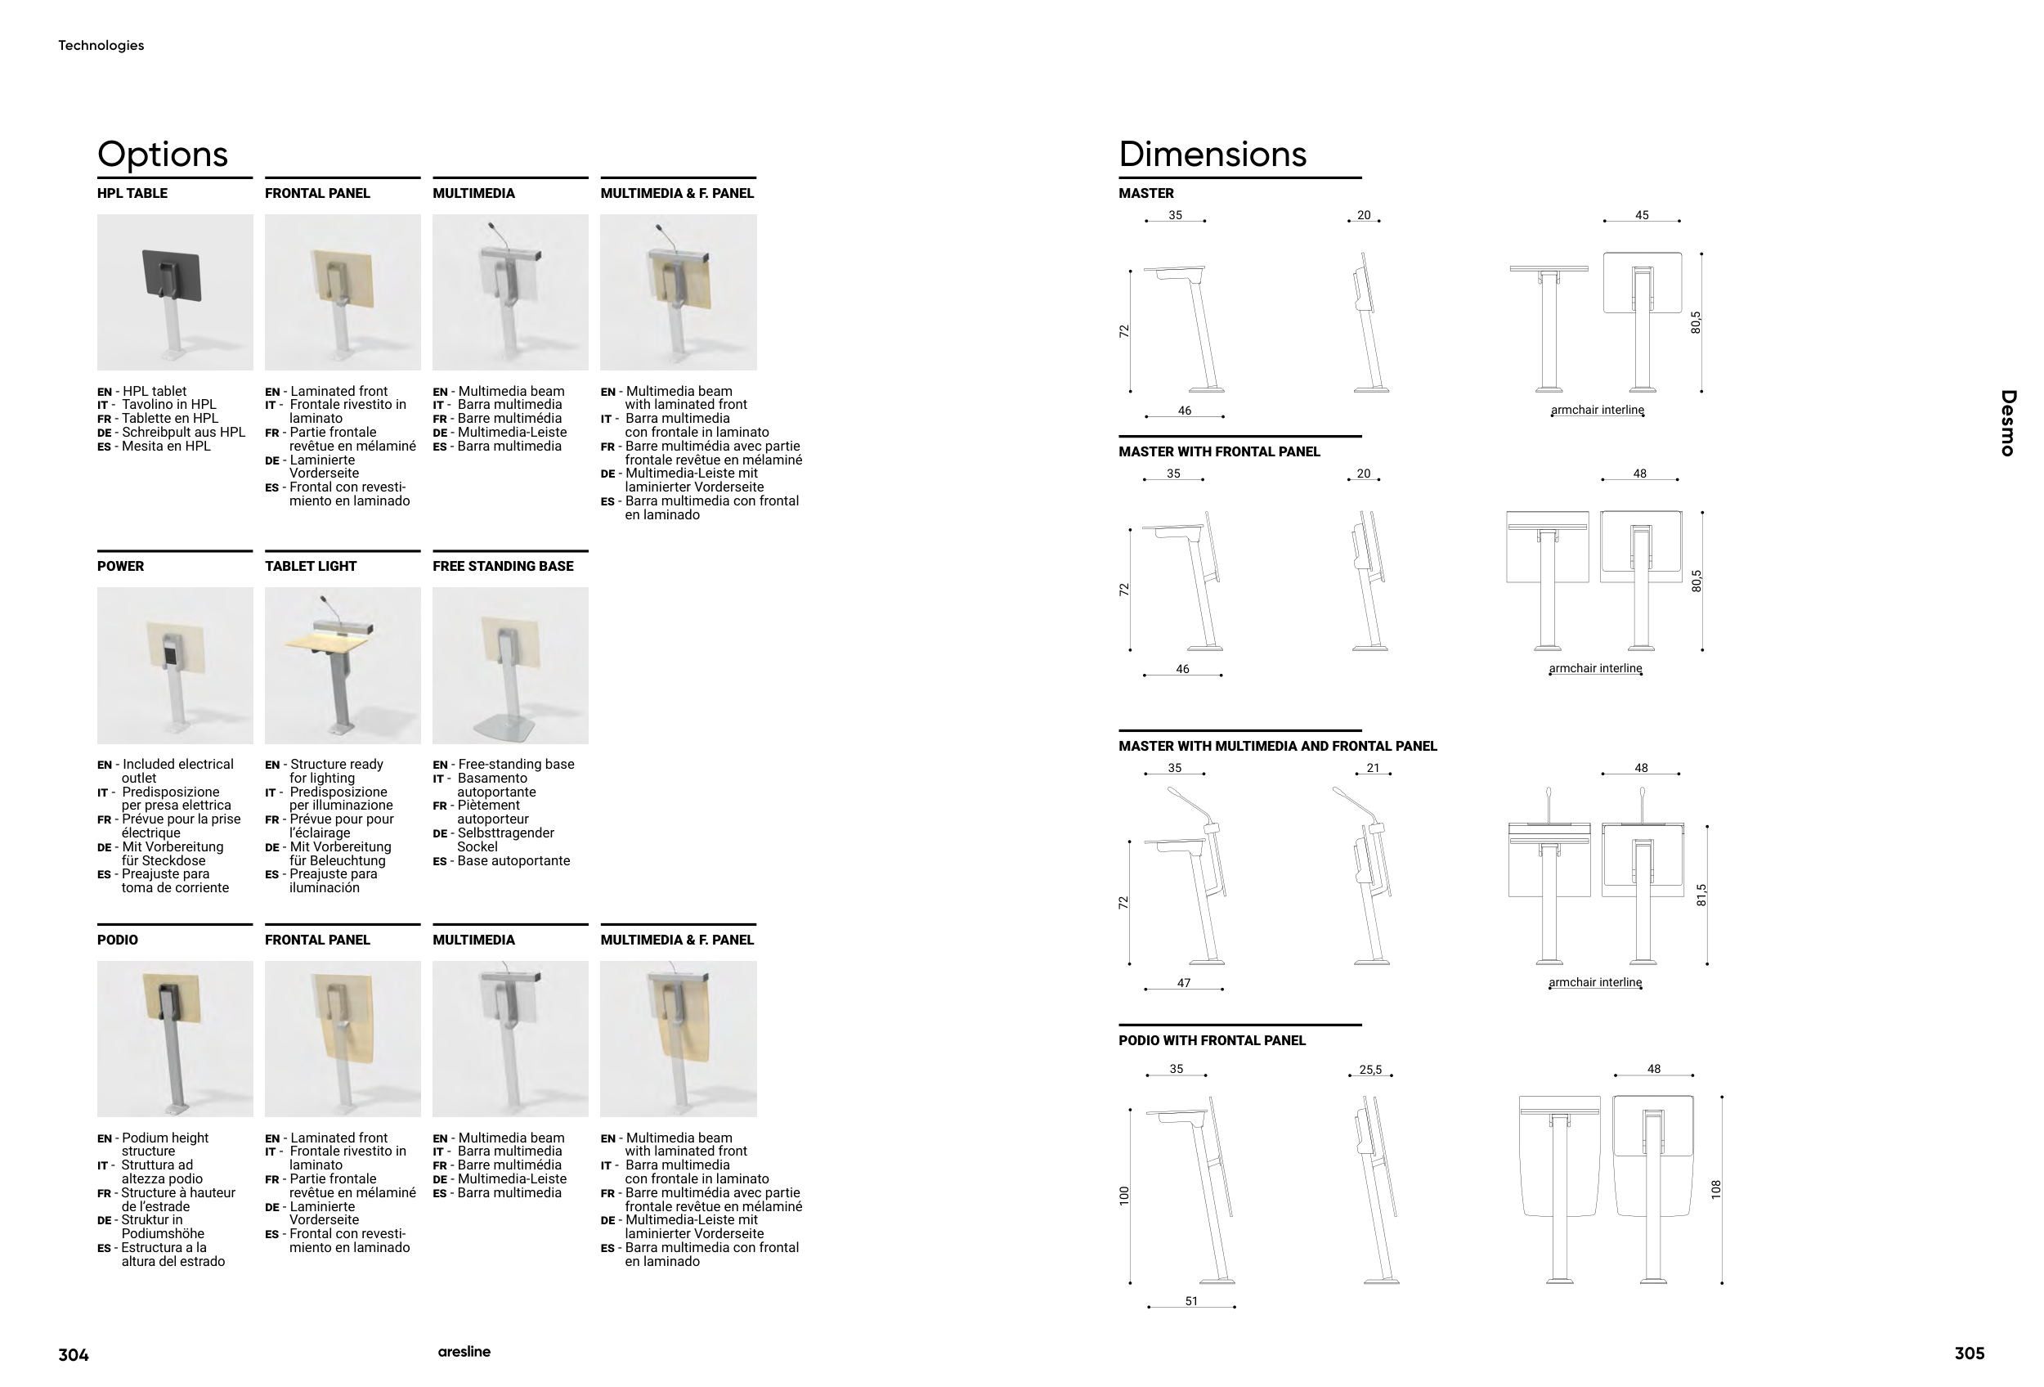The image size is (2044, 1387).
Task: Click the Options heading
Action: coord(163,155)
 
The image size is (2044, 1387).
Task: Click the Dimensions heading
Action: coord(1213,155)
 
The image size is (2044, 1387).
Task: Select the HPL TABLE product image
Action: coord(175,292)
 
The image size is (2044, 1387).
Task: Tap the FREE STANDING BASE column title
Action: coord(503,567)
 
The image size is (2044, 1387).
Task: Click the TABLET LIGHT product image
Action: coord(343,666)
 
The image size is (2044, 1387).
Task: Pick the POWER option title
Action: coord(120,567)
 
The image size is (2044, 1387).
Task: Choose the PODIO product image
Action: coord(175,1039)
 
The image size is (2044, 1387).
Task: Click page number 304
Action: coord(74,1355)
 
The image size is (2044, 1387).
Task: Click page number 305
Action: coord(1970,1353)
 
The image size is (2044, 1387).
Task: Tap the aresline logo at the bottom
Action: coord(464,1352)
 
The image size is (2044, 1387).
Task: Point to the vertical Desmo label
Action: coord(2008,423)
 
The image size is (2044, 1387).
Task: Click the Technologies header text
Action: coord(101,46)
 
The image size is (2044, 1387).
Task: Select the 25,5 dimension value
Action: coord(1370,1071)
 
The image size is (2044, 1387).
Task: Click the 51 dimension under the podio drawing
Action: coord(1192,1302)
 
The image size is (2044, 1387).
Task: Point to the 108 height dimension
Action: coord(1716,1190)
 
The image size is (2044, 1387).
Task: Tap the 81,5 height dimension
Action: coord(1702,895)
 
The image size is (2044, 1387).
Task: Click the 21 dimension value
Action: coord(1373,769)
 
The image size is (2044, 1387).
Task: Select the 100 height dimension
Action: coord(1124,1196)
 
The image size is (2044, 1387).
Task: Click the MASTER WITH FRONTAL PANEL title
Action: coord(1219,452)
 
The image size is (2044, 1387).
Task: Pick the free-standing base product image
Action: coord(511,666)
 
